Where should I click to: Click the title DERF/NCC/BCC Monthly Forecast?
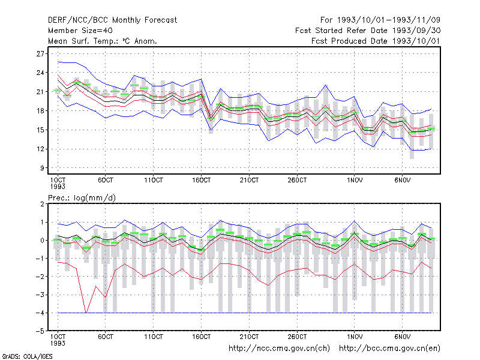tap(112, 20)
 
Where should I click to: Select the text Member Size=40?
tap(80, 31)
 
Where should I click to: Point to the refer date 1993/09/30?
tap(416, 31)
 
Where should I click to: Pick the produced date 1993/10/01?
tap(416, 41)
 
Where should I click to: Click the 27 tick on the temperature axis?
tap(40, 54)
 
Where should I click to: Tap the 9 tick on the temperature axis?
tap(42, 168)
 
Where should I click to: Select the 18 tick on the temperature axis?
tap(40, 111)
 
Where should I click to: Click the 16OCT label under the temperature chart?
tap(201, 180)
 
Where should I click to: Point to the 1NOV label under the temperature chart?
tap(355, 180)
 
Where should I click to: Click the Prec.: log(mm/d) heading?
tap(82, 198)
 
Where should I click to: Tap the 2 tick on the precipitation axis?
tap(42, 204)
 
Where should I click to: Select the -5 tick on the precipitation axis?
tap(40, 331)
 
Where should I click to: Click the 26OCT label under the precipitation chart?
tap(297, 337)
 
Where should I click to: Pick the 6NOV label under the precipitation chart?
tap(402, 337)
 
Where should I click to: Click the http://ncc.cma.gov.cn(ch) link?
tap(279, 349)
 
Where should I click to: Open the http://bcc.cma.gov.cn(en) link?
tap(389, 349)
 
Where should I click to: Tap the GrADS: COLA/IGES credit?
tap(27, 356)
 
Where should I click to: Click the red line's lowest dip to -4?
tap(86, 313)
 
